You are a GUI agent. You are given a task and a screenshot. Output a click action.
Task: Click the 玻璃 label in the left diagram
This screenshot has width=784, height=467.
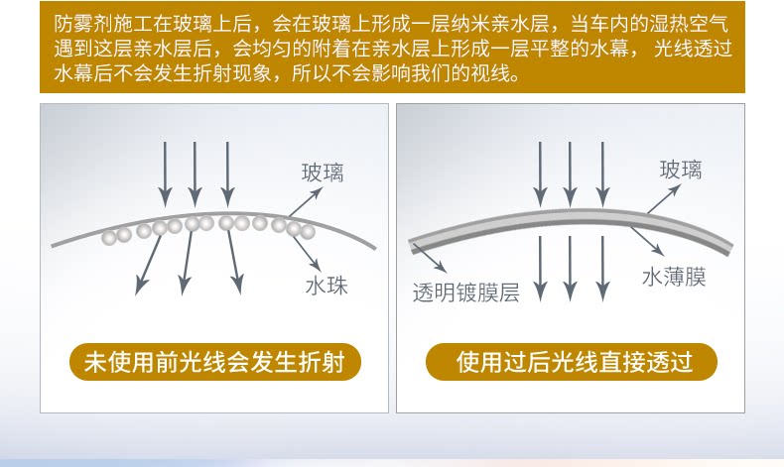tap(323, 174)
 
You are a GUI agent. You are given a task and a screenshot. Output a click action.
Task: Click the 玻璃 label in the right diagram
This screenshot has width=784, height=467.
tap(681, 171)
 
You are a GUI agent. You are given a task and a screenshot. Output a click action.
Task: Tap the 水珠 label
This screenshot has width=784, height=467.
tap(327, 288)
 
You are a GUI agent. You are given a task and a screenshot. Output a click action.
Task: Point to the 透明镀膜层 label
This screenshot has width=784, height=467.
tap(466, 292)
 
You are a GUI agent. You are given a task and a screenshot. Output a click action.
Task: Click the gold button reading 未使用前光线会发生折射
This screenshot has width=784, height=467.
tap(214, 362)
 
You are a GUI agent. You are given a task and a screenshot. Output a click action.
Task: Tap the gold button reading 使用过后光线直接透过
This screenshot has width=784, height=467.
tap(571, 362)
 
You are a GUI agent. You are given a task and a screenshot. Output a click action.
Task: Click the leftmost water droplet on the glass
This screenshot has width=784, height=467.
tap(109, 238)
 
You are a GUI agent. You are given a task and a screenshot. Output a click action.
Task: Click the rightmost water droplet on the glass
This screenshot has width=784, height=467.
tap(308, 232)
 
